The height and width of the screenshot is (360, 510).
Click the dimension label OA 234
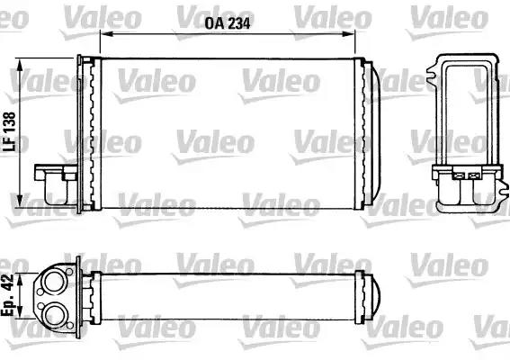tap(228, 23)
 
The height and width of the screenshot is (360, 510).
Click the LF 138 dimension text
tap(9, 131)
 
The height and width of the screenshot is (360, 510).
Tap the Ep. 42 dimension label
tap(7, 295)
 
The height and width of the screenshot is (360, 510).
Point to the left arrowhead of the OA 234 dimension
tap(107, 33)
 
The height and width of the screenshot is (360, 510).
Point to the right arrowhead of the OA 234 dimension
tap(348, 33)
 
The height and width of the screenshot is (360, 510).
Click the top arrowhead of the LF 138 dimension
tap(20, 65)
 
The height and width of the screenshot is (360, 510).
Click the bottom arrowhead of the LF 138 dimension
tap(20, 201)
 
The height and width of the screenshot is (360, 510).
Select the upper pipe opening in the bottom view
tap(54, 280)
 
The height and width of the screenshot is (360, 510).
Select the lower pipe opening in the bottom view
tap(54, 315)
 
